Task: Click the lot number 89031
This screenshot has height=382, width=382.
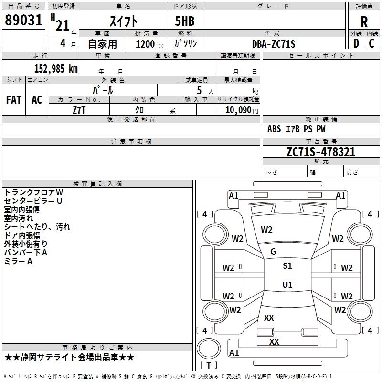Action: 23,21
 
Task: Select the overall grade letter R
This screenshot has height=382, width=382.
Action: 364,22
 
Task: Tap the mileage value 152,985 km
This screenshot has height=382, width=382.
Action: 56,69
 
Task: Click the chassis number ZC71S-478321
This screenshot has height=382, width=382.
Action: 321,152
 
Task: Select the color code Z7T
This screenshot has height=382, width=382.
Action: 79,109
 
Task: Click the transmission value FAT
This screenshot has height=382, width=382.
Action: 14,99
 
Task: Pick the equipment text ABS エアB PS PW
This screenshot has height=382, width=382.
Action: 297,129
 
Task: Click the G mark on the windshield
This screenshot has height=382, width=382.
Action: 273,252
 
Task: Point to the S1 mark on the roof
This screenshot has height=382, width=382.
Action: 287,266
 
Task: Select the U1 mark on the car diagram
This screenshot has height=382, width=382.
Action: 287,285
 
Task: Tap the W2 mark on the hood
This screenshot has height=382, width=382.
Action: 266,230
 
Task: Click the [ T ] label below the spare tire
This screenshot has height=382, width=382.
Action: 208,365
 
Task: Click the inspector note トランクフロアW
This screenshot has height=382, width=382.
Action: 33,192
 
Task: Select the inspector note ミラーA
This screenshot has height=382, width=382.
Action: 18,261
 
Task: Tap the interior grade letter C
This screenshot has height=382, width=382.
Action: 371,44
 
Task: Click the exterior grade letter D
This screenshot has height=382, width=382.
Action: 356,44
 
